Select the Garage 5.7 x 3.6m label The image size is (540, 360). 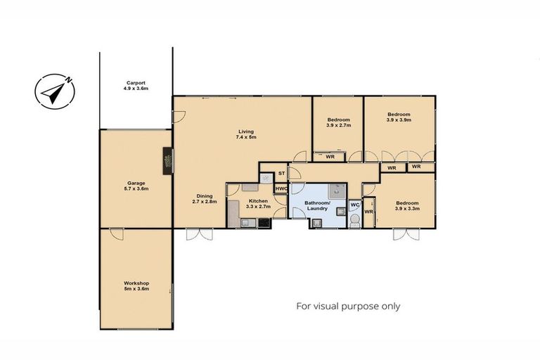(136, 186)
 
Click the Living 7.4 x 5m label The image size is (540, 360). (245, 134)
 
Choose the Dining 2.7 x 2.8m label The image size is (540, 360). (205, 199)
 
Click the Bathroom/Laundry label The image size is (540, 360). (318, 207)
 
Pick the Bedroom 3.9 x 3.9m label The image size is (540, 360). (398, 117)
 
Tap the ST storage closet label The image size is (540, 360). (281, 173)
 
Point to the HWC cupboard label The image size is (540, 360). (281, 188)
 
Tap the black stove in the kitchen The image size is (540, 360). (264, 223)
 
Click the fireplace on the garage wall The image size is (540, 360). (167, 161)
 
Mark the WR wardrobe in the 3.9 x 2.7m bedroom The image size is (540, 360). (329, 157)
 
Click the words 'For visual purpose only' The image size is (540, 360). (348, 306)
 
